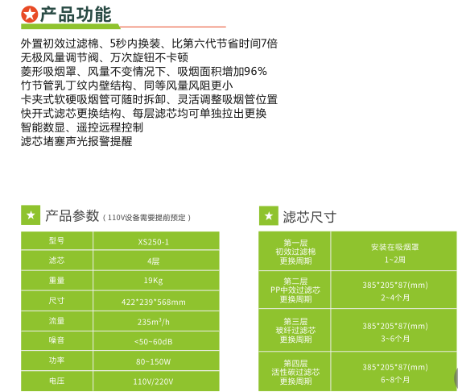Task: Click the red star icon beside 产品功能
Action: tap(30, 15)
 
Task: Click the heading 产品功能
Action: tap(76, 14)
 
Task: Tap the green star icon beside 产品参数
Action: tap(31, 215)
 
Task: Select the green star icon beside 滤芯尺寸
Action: tap(268, 215)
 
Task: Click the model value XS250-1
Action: tap(154, 242)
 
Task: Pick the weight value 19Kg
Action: tap(154, 281)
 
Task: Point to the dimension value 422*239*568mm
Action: tap(154, 302)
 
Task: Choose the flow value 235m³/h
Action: tap(154, 322)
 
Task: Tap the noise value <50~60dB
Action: tap(154, 342)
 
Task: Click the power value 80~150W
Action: tap(154, 362)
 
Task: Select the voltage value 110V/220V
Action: tap(154, 382)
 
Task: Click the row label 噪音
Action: tap(56, 340)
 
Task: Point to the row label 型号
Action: tap(56, 240)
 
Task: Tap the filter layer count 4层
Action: tap(154, 261)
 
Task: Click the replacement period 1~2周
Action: tap(395, 260)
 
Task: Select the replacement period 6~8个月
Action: tap(395, 380)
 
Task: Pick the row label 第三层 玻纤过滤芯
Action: tap(295, 326)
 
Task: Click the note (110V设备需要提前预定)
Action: tap(147, 218)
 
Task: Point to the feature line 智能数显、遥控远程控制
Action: tap(82, 127)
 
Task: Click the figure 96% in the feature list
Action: tap(255, 72)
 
